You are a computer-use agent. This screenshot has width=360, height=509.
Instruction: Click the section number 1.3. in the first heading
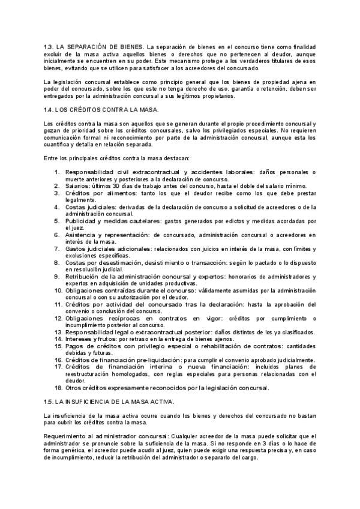point(49,46)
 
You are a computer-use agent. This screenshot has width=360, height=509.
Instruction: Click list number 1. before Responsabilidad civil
point(57,172)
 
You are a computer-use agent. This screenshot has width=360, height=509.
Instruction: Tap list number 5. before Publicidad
point(57,220)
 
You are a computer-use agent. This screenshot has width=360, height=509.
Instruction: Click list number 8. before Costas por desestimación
point(57,262)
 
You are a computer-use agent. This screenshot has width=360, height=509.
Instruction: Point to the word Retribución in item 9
point(84,276)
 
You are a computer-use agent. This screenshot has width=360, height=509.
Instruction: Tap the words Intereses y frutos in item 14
point(91,339)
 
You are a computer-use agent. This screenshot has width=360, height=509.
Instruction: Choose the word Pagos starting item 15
point(75,346)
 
